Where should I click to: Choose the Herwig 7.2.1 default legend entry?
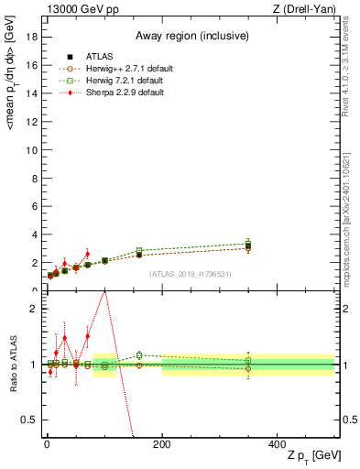click(112, 80)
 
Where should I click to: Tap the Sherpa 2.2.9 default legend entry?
click(112, 92)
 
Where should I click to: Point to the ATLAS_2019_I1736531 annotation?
click(190, 274)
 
